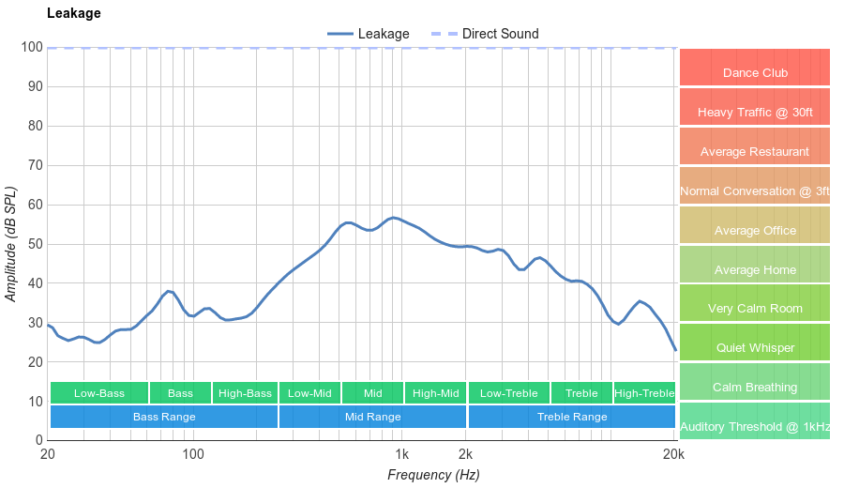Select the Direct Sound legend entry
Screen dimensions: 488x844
pyautogui.click(x=499, y=34)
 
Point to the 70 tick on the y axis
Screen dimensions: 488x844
pyautogui.click(x=35, y=165)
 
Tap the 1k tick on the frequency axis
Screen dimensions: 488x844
pyautogui.click(x=399, y=455)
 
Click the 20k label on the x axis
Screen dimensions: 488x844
pyautogui.click(x=672, y=455)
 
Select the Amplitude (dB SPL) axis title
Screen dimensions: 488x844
pyautogui.click(x=11, y=244)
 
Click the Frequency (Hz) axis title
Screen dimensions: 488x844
pyautogui.click(x=433, y=475)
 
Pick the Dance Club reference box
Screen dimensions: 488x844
pyautogui.click(x=755, y=72)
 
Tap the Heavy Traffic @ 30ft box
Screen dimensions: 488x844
pyautogui.click(x=755, y=112)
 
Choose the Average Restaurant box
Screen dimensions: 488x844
pyautogui.click(x=755, y=151)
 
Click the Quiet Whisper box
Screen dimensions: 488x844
pyautogui.click(x=755, y=347)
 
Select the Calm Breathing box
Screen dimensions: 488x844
pyautogui.click(x=755, y=387)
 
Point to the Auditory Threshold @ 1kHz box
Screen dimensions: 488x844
pyautogui.click(x=755, y=426)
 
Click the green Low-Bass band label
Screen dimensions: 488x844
pyautogui.click(x=98, y=393)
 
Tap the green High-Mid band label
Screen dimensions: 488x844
pyautogui.click(x=435, y=393)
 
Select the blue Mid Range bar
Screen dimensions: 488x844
pyautogui.click(x=372, y=416)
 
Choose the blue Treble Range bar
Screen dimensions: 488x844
pyautogui.click(x=572, y=416)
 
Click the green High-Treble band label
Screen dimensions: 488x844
pyautogui.click(x=644, y=393)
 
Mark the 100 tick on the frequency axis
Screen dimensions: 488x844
pyautogui.click(x=193, y=455)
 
